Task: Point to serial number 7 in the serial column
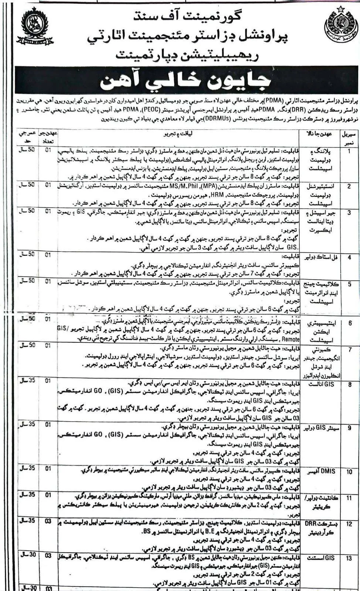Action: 349,349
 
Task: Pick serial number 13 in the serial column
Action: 349,558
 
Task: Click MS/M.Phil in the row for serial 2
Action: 180,186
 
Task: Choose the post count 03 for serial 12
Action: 48,521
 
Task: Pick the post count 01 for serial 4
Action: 48,255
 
